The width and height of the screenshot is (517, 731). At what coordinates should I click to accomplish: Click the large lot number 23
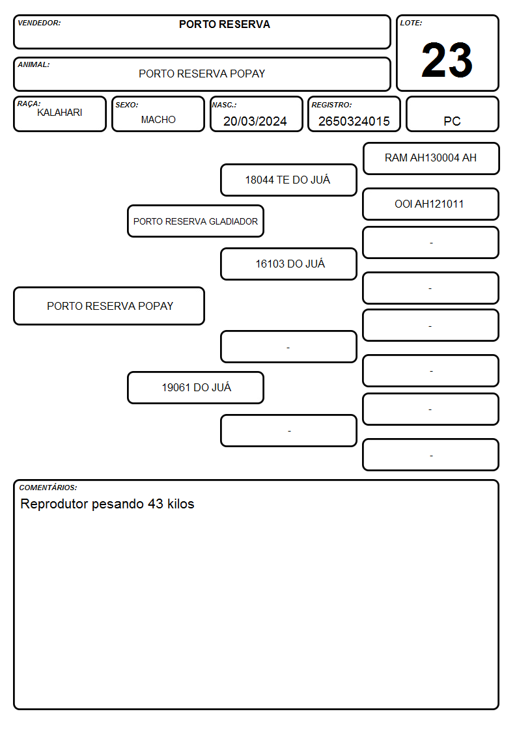pos(447,60)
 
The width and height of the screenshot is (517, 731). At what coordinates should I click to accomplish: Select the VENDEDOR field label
pos(39,23)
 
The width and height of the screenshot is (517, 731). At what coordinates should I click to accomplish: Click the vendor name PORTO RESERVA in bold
pos(224,24)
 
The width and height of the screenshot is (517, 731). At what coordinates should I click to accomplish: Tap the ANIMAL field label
pos(34,65)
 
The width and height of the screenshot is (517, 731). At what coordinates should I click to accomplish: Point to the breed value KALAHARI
pos(60,113)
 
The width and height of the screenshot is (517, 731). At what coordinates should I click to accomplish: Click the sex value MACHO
pos(158,120)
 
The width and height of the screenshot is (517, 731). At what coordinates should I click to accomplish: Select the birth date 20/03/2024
pos(255,121)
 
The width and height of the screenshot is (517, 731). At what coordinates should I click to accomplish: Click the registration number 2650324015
pos(354,121)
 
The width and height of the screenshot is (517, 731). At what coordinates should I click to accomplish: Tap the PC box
pos(452,114)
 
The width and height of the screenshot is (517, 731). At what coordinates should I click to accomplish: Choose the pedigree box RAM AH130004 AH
pos(431,159)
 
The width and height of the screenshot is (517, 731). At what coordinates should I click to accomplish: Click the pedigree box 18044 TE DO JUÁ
pos(288,180)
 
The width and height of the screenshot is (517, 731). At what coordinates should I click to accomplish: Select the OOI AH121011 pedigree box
pos(431,204)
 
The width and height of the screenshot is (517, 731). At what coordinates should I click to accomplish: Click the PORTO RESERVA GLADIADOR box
pos(195,221)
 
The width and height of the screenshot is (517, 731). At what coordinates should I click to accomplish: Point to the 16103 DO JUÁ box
pos(288,264)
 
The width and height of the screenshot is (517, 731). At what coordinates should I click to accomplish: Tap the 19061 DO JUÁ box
pos(195,387)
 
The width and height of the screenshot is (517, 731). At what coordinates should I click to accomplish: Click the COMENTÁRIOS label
pos(48,488)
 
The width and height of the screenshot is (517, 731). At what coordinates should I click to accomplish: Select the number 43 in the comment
pos(156,504)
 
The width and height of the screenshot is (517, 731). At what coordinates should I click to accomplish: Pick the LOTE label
pos(411,23)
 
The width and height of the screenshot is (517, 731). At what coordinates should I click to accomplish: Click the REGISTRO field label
pos(331,105)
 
